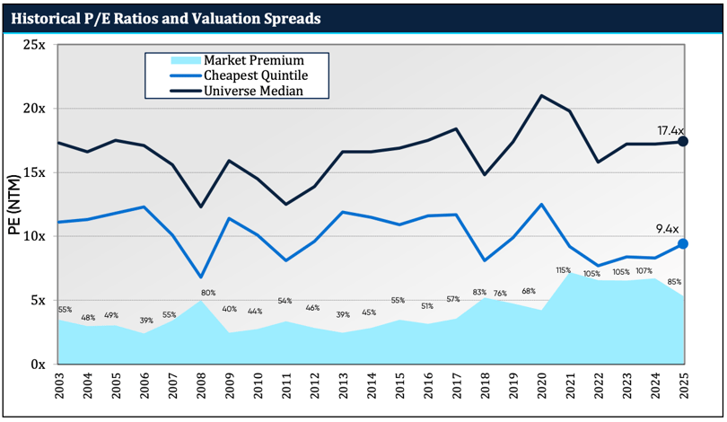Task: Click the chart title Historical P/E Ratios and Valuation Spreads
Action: coord(167,17)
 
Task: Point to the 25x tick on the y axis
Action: coord(34,44)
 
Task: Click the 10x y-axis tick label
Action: coord(34,236)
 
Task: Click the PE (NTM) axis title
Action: coord(15,205)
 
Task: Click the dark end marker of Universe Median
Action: coord(683,142)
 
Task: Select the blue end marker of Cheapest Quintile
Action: coord(683,243)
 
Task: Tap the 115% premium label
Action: coord(564,270)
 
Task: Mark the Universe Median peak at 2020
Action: coord(541,95)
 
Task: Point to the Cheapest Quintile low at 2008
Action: coord(201,277)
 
